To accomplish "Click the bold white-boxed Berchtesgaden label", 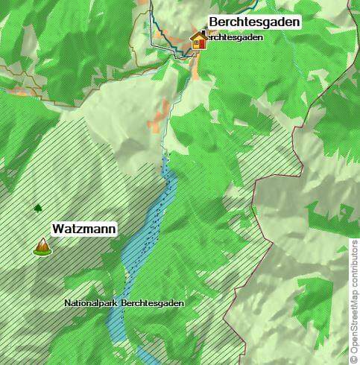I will [254, 22].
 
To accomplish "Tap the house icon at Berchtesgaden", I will [198, 40].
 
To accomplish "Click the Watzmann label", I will [83, 229].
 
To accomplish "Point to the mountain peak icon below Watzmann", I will [42, 245].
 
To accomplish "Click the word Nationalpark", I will [91, 304].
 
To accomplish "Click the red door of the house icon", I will [199, 44].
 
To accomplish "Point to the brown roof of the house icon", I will [198, 35].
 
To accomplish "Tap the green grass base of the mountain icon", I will [42, 252].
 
